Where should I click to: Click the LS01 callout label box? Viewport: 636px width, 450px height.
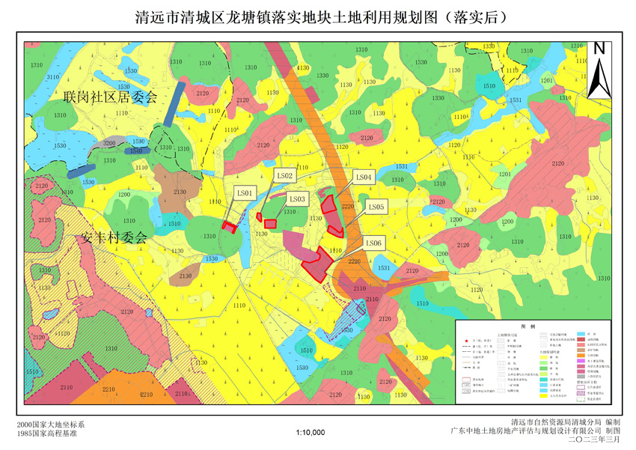pyautogui.click(x=246, y=193)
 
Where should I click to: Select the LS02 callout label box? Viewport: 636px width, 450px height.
pyautogui.click(x=285, y=176)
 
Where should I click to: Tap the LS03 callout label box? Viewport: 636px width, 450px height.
pyautogui.click(x=297, y=199)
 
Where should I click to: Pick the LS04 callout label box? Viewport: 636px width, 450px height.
pyautogui.click(x=364, y=177)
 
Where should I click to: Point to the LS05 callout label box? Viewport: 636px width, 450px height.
pyautogui.click(x=376, y=207)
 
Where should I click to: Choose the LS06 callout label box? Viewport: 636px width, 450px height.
pyautogui.click(x=373, y=243)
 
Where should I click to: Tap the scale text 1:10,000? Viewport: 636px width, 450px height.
pyautogui.click(x=311, y=432)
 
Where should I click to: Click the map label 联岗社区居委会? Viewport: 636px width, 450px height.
pyautogui.click(x=110, y=98)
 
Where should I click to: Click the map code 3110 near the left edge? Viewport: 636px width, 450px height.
pyautogui.click(x=53, y=77)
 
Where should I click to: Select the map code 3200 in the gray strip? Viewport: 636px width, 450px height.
pyautogui.click(x=109, y=143)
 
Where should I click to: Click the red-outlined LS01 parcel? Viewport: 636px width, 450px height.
pyautogui.click(x=230, y=227)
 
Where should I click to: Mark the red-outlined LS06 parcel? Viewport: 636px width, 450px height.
pyautogui.click(x=317, y=264)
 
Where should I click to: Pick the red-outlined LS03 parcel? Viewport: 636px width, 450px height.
pyautogui.click(x=270, y=223)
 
